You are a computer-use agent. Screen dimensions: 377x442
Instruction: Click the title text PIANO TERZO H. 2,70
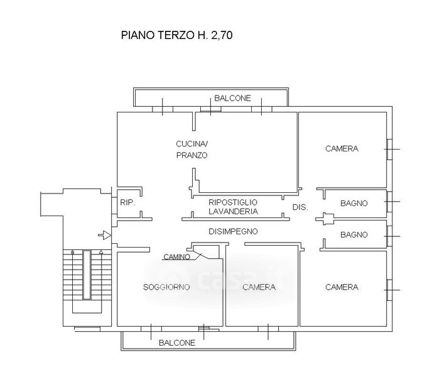(x=176, y=36)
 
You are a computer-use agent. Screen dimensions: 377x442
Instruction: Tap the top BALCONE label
(x=232, y=98)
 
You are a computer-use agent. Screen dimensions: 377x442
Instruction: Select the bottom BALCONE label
(x=177, y=342)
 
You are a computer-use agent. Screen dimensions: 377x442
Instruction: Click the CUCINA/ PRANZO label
(x=191, y=149)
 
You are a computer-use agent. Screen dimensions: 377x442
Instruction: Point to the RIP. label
(x=127, y=203)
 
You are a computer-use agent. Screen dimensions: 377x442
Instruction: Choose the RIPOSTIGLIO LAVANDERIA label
(x=233, y=207)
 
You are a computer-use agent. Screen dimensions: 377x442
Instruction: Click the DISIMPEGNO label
(x=233, y=231)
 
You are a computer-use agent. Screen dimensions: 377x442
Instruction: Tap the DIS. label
(x=299, y=207)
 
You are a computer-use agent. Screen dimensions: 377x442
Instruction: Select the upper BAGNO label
(x=353, y=203)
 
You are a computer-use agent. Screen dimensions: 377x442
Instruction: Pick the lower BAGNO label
(x=353, y=234)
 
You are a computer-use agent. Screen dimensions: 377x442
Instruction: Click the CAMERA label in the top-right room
(x=342, y=149)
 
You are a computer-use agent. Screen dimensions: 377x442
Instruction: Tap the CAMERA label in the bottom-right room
(x=342, y=287)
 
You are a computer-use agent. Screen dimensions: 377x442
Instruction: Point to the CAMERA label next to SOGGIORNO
(x=259, y=287)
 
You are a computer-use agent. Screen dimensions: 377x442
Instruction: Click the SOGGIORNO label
(x=166, y=287)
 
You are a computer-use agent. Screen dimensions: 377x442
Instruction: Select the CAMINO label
(x=176, y=256)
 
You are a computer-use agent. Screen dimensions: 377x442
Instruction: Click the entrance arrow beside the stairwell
(x=104, y=236)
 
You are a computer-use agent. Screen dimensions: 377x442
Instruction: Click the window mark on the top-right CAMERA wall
(x=392, y=149)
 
